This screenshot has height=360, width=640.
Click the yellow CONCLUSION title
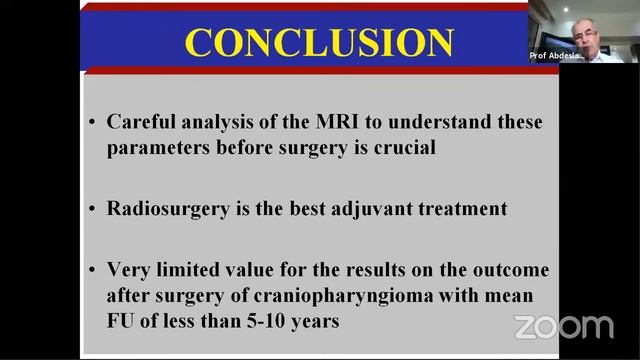319,42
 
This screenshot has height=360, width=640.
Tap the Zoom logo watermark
563,326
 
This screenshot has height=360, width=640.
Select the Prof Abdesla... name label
558,56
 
